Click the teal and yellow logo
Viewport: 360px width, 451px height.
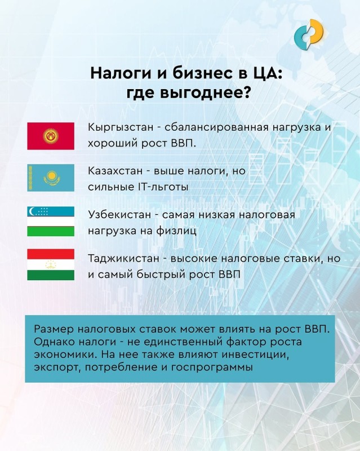point(309,34)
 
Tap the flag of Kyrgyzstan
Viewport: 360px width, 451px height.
point(51,136)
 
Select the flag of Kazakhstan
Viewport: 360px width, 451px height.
point(51,178)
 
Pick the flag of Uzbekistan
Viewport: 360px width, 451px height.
point(51,221)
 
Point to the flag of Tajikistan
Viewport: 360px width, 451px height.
point(51,264)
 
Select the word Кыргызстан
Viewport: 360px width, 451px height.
point(121,127)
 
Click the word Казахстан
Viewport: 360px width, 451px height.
point(115,171)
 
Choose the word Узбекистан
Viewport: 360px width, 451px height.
point(119,215)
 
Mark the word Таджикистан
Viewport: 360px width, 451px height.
point(123,258)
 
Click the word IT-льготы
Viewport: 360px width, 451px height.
point(162,187)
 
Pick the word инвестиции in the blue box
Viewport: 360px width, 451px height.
point(255,355)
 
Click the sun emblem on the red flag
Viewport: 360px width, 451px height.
point(51,136)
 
